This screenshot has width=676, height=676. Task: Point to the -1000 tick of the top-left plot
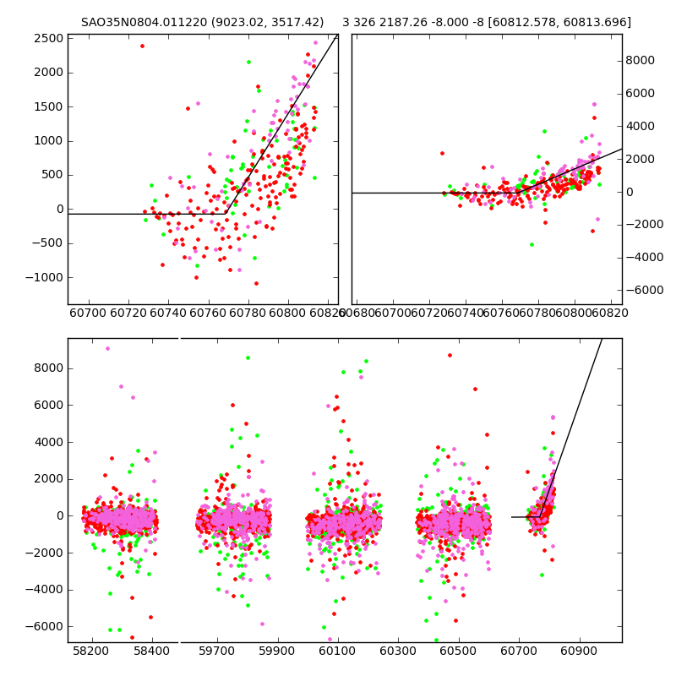(47, 277)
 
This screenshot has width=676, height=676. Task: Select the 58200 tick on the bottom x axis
(90, 652)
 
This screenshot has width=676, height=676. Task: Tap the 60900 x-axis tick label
(581, 652)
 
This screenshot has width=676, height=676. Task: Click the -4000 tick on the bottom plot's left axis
(47, 589)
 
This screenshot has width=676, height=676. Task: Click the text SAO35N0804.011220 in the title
(140, 22)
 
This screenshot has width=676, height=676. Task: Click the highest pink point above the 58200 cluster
(107, 348)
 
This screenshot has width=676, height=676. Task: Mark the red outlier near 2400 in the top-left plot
(142, 46)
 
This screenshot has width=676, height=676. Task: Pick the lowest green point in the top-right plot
(532, 244)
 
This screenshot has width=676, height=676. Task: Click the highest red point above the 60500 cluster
(450, 355)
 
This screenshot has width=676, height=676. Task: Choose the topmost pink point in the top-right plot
(594, 104)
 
